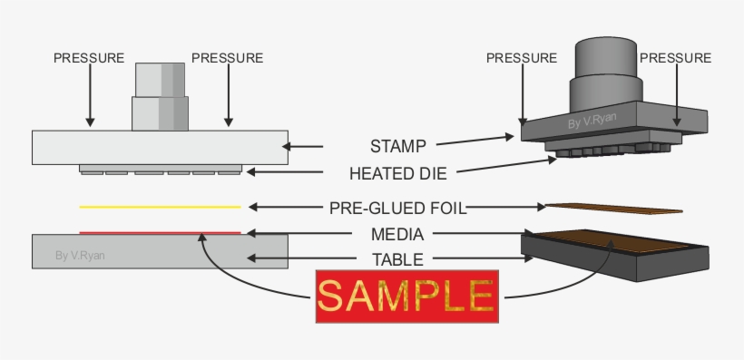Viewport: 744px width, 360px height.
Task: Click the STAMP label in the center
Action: point(398,146)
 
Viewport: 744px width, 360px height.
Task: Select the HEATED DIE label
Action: point(398,172)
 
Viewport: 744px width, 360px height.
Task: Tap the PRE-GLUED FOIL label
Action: point(398,208)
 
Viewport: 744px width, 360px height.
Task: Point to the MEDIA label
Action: point(398,234)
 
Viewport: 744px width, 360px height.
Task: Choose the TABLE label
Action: point(398,259)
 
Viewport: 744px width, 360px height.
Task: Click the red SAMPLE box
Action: point(406,296)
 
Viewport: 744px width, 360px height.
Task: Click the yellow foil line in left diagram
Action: point(160,207)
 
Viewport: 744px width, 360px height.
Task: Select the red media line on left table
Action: point(160,232)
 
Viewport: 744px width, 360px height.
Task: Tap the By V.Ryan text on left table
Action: point(80,256)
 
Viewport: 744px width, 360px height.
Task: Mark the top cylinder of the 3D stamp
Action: point(603,56)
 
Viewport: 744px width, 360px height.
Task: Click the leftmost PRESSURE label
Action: point(89,58)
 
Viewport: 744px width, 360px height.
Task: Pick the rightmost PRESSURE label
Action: point(676,58)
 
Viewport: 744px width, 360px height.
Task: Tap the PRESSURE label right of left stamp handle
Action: point(228,58)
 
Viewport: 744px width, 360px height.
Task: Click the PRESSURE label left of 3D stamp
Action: point(522,58)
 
